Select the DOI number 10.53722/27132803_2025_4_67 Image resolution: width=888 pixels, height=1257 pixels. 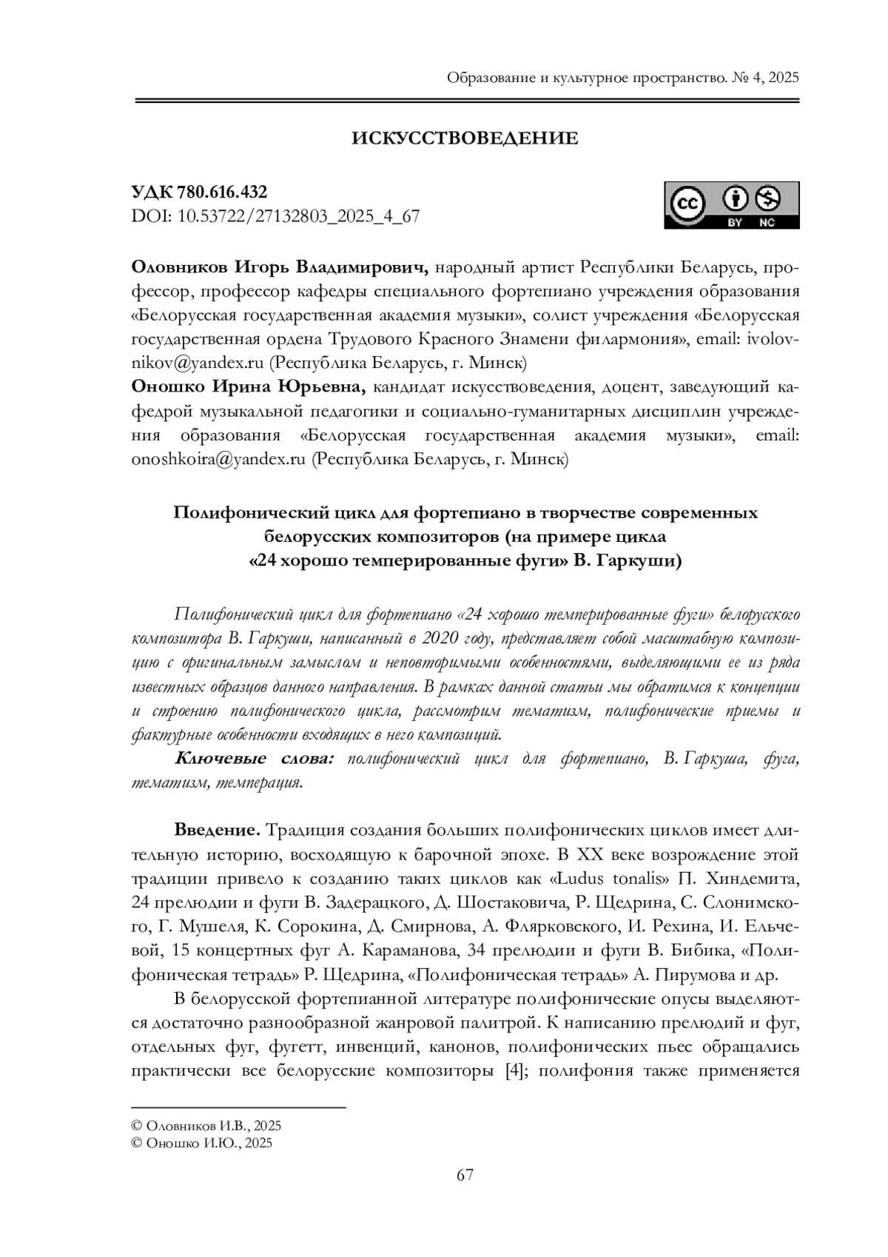[x=298, y=216]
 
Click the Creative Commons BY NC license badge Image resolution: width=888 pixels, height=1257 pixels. [x=731, y=205]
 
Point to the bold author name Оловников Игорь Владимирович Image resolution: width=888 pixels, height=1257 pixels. [x=280, y=267]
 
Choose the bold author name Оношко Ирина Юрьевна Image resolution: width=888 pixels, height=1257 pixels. [x=248, y=386]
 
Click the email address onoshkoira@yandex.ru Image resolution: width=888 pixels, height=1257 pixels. [x=218, y=459]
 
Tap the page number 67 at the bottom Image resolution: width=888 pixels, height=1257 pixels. [x=465, y=1175]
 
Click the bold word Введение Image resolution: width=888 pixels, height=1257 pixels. [x=216, y=829]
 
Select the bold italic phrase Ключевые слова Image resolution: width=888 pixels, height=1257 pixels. [x=255, y=759]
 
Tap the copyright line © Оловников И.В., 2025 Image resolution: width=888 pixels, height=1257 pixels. [x=206, y=1126]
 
